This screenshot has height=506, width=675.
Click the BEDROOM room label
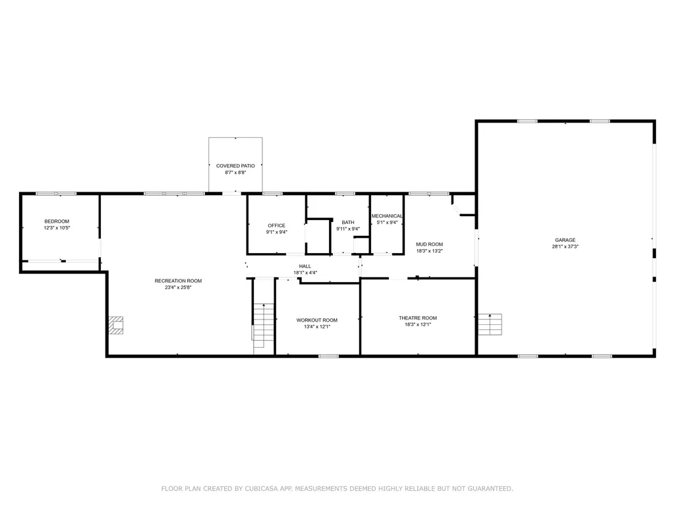[57, 221]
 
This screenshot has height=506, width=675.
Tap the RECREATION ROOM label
[178, 281]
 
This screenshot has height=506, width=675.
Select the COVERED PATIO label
[235, 166]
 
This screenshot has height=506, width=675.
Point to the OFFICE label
[276, 225]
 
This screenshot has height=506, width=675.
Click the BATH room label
[347, 222]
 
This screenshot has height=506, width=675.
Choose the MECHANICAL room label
[387, 216]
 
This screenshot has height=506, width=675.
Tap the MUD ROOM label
[429, 244]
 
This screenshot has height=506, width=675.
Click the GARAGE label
[564, 240]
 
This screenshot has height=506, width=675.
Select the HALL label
[305, 266]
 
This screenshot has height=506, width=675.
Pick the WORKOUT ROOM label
[316, 320]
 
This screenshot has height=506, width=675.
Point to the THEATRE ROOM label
[417, 318]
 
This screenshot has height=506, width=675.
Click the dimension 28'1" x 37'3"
[564, 246]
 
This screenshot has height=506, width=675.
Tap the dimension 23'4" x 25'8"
[178, 287]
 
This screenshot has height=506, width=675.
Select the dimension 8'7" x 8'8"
[235, 173]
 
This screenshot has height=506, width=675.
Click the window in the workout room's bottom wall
[328, 356]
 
